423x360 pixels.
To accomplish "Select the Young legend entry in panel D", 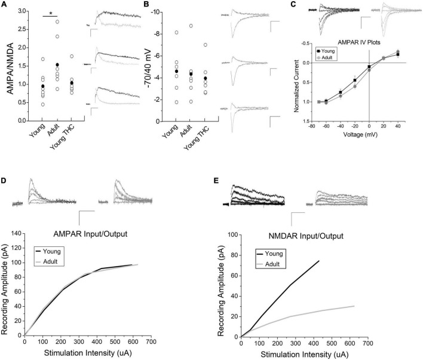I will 57,251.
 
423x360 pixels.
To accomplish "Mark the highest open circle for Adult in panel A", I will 57,22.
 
